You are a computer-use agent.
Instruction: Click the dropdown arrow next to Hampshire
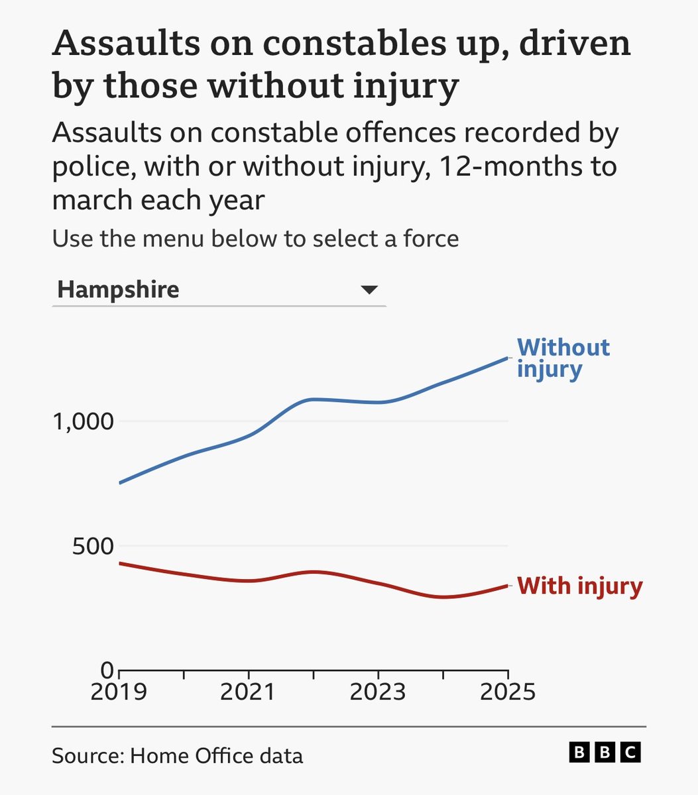click(x=369, y=290)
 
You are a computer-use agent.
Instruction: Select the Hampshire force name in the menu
click(x=118, y=290)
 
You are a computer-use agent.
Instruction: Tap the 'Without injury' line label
click(x=563, y=358)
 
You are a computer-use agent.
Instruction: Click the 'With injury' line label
click(x=579, y=586)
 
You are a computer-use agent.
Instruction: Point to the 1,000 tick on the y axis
click(x=83, y=421)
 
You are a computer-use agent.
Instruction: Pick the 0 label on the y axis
click(x=107, y=670)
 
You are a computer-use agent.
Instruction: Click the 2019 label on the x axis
click(x=119, y=692)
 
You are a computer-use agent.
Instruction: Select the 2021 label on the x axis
click(x=248, y=692)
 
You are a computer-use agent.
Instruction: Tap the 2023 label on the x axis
click(x=378, y=692)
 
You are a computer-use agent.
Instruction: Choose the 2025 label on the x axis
click(x=507, y=692)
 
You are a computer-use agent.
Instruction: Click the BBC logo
click(x=605, y=753)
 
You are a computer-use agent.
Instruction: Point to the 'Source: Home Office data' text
click(x=177, y=755)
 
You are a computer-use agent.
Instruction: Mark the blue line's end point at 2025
click(x=508, y=358)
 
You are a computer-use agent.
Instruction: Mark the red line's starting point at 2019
click(x=120, y=563)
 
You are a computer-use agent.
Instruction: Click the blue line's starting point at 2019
click(x=120, y=483)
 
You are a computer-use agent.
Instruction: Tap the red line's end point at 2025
click(x=508, y=586)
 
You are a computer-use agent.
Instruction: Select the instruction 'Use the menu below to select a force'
click(x=255, y=238)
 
